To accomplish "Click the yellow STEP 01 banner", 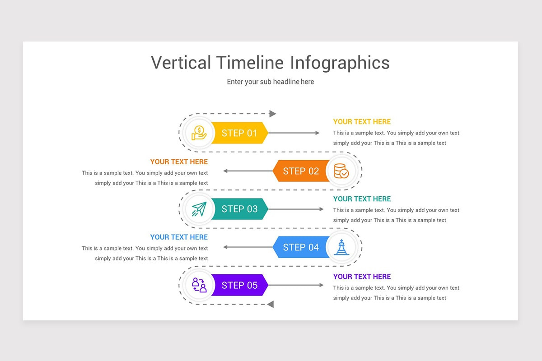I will click(x=239, y=133).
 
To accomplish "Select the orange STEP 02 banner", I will click(x=301, y=171).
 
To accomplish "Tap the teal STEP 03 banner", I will click(x=239, y=209).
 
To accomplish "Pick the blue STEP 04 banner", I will click(x=301, y=247).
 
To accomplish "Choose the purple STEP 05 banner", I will click(x=239, y=285).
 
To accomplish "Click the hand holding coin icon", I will click(x=199, y=133).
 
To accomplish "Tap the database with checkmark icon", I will click(x=341, y=171).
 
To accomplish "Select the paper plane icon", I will click(x=199, y=209).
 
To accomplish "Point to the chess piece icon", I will click(x=341, y=247).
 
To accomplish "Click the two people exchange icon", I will click(x=199, y=285).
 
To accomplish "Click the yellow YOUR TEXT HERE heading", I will click(x=362, y=122).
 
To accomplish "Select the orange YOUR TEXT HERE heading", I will click(x=179, y=162).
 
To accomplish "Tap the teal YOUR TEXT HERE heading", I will click(x=362, y=199).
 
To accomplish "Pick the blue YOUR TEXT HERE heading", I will click(x=179, y=237).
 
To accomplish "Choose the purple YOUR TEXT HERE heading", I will click(x=362, y=277).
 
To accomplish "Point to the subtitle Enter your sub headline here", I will click(x=270, y=82).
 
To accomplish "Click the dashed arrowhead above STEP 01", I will click(x=272, y=114).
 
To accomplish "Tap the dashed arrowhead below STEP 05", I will click(x=271, y=304).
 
